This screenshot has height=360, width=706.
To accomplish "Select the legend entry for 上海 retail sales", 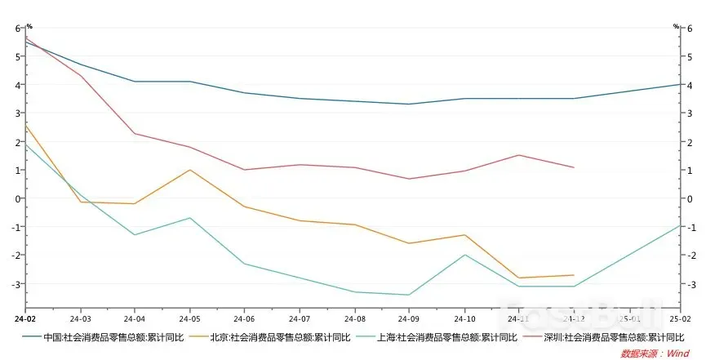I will pyautogui.click(x=425, y=336).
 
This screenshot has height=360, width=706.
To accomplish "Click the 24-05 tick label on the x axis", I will pyautogui.click(x=189, y=318).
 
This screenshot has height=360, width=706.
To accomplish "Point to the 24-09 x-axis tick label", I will pyautogui.click(x=410, y=318).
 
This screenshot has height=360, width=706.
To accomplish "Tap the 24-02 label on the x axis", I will pyautogui.click(x=24, y=318).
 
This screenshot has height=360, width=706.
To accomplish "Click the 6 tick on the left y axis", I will pyautogui.click(x=17, y=28).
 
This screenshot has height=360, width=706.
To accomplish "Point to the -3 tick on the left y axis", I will pyautogui.click(x=15, y=284).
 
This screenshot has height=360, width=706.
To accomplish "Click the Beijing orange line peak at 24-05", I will pyautogui.click(x=189, y=170).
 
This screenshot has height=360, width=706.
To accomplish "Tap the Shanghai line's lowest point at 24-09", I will pyautogui.click(x=410, y=295).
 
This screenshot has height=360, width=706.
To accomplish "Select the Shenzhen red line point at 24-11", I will pyautogui.click(x=519, y=155).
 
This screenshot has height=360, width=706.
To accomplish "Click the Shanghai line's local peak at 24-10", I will pyautogui.click(x=464, y=255).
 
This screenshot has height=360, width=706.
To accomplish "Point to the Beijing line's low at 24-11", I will pyautogui.click(x=519, y=278).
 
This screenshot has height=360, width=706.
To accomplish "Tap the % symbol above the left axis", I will pyautogui.click(x=29, y=26).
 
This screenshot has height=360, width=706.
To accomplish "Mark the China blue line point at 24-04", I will pyautogui.click(x=135, y=82).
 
